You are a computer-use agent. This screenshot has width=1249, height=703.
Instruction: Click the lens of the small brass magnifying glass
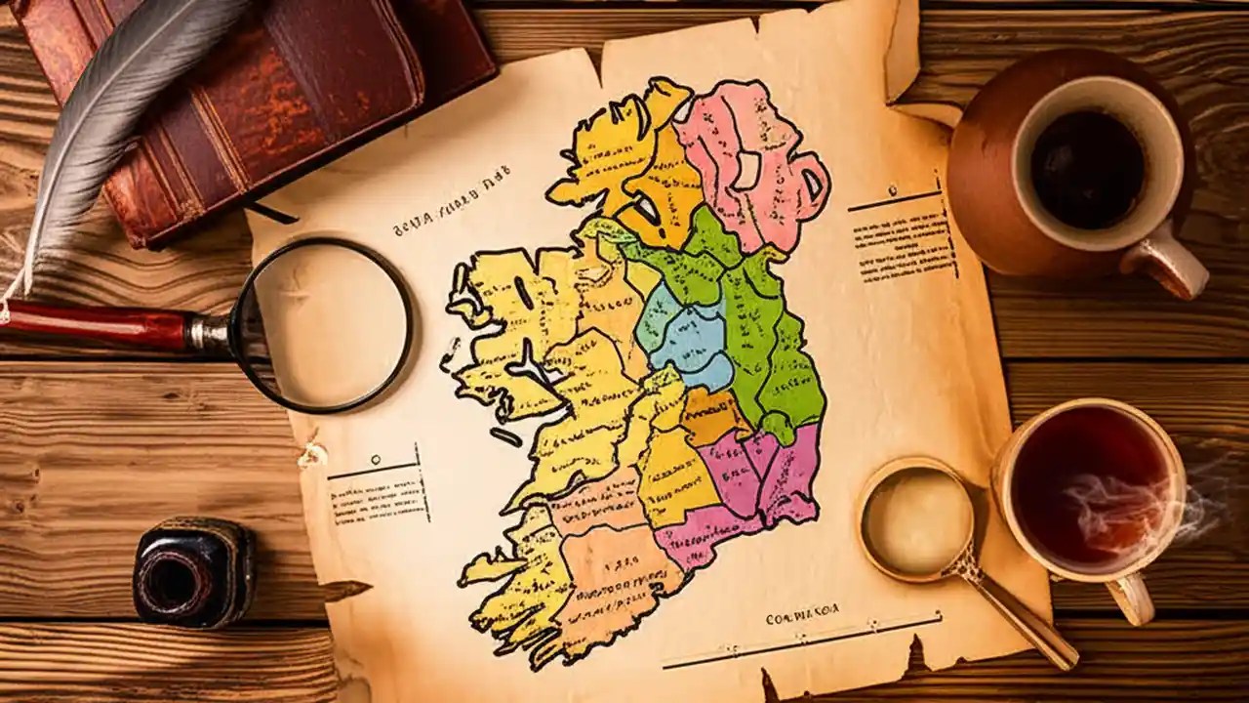pyautogui.click(x=916, y=517)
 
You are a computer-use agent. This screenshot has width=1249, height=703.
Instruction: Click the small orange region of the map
pyautogui.click(x=712, y=415)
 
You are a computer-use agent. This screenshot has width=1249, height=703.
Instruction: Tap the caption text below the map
pyautogui.click(x=802, y=618)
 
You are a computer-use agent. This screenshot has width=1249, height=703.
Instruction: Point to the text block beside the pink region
pyautogui.click(x=903, y=244)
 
